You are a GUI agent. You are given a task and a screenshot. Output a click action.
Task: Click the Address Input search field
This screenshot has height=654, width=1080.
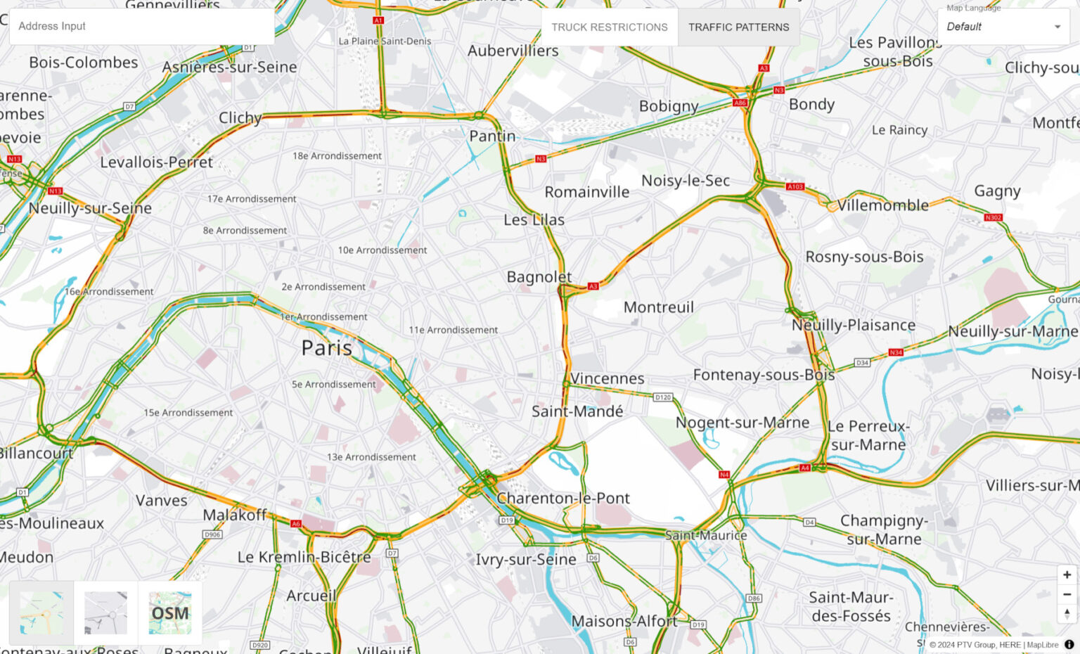(141, 27)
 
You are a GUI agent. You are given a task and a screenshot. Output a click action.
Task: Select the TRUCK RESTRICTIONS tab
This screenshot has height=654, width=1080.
(609, 27)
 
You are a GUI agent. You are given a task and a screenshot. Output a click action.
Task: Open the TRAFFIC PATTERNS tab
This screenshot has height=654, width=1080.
(738, 27)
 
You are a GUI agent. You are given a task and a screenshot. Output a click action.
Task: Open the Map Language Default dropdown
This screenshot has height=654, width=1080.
(1003, 27)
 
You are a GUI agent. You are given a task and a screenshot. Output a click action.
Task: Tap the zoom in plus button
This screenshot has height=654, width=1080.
(1067, 575)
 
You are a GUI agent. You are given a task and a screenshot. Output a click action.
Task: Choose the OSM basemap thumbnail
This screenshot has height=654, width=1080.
(170, 613)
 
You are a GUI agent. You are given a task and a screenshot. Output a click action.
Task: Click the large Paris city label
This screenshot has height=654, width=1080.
(326, 347)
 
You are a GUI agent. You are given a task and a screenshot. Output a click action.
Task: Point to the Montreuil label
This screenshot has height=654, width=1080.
(658, 307)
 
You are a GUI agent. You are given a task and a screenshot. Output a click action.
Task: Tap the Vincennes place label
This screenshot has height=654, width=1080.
(607, 378)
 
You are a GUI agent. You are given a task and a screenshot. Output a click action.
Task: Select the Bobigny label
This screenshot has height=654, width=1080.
(668, 106)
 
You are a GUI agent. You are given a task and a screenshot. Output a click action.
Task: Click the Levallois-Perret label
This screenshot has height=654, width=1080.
(156, 162)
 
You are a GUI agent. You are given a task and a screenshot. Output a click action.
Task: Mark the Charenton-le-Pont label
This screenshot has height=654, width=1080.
(562, 498)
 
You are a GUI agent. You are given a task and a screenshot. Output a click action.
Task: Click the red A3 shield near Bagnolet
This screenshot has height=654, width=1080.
(593, 286)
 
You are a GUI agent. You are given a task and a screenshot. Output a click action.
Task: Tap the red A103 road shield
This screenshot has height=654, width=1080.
(795, 186)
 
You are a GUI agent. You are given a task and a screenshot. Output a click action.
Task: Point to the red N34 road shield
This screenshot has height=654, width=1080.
(895, 352)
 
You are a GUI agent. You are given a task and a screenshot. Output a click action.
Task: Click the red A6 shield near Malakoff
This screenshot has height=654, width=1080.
(296, 523)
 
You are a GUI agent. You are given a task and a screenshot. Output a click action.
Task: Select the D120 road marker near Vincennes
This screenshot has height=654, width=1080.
(662, 397)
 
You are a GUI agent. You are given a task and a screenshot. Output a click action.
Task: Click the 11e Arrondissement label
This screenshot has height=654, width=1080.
(453, 330)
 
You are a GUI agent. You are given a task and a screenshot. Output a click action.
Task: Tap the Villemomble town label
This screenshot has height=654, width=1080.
(882, 205)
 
